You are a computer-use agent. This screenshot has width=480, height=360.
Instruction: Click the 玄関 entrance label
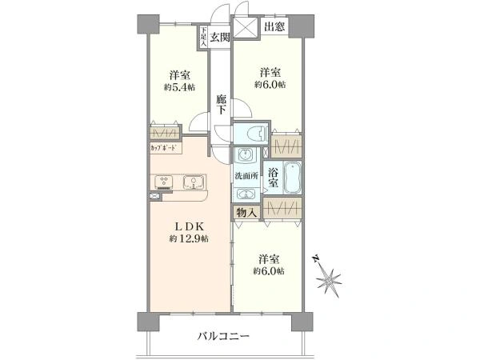(x=220, y=38)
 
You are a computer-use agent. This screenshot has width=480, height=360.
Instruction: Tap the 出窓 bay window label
(x=274, y=27)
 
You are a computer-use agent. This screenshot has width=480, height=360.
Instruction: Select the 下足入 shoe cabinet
(x=203, y=37)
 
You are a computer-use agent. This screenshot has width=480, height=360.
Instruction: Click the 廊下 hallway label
(x=222, y=104)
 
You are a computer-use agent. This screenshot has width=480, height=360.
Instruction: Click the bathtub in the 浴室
(x=293, y=178)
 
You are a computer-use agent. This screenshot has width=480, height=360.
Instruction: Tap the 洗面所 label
(x=246, y=176)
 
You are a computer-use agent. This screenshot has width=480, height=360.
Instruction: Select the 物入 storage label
(x=246, y=212)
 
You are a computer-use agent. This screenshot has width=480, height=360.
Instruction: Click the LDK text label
(x=189, y=226)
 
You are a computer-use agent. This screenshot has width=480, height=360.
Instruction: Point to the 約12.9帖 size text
(x=189, y=238)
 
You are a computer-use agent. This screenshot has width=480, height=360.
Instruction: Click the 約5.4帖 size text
(x=179, y=87)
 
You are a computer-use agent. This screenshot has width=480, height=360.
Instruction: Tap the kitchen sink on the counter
(x=193, y=182)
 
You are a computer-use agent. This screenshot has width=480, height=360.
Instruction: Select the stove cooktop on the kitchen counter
(x=165, y=182)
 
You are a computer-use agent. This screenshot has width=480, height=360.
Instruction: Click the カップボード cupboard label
(x=164, y=148)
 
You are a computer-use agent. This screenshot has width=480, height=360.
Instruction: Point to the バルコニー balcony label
(x=223, y=337)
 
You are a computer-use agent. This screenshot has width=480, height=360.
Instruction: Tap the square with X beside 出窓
(x=246, y=27)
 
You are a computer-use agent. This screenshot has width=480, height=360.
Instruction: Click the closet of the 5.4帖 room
(x=165, y=133)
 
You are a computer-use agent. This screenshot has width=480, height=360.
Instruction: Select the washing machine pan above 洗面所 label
(x=246, y=154)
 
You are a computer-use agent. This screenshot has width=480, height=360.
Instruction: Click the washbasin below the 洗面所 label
(x=246, y=194)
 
